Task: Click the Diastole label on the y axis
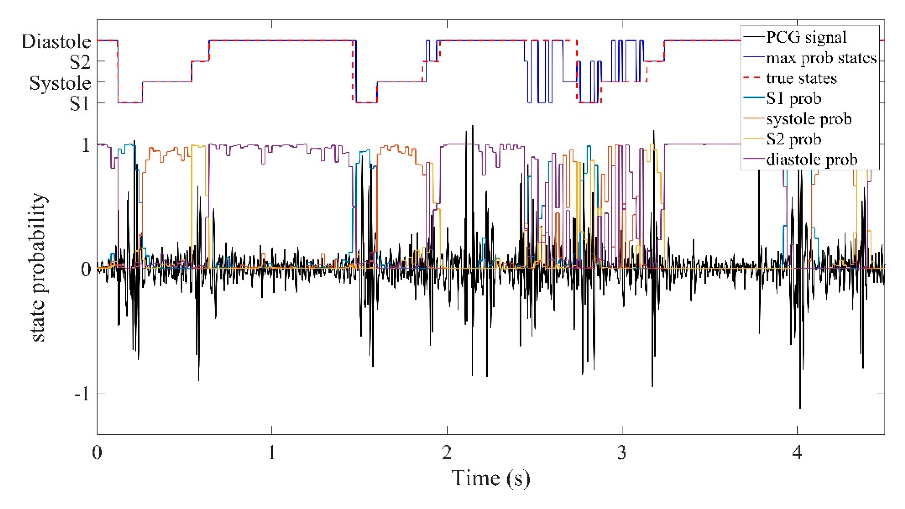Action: click(x=56, y=42)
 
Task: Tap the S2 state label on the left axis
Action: click(x=80, y=62)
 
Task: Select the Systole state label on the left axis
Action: click(x=60, y=83)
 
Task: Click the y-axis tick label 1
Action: click(x=86, y=145)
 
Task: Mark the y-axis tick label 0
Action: click(x=86, y=270)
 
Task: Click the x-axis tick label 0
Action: click(x=97, y=453)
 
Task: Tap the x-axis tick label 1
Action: click(x=272, y=453)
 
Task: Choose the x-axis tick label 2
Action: click(x=447, y=453)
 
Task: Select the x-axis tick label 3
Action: click(x=622, y=453)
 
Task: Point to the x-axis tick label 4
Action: click(x=797, y=453)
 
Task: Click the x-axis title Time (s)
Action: click(x=491, y=478)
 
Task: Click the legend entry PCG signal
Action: click(x=806, y=37)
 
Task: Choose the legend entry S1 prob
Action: click(x=794, y=99)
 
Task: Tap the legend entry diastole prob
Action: click(x=812, y=160)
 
